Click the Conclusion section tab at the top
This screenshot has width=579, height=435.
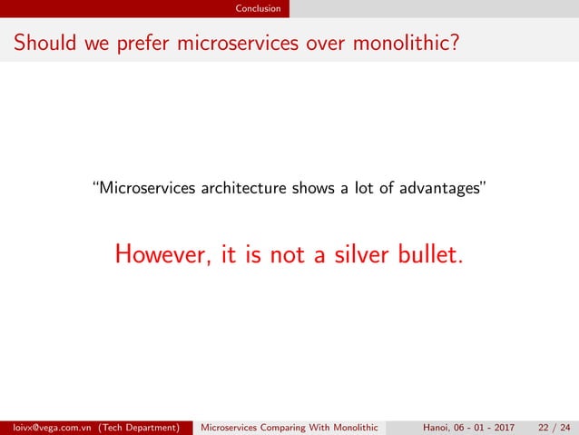[x=258, y=9]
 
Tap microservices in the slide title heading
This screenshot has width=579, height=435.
[x=243, y=43]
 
